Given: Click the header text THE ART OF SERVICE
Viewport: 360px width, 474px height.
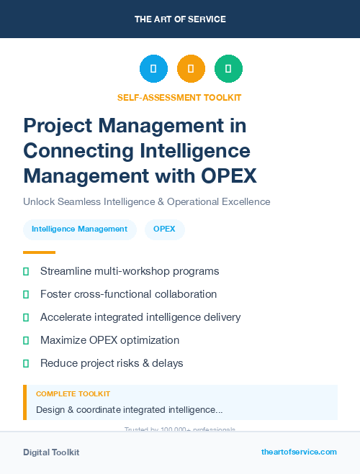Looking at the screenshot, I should [180, 19].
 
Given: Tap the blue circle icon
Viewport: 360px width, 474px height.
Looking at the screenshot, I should [153, 69].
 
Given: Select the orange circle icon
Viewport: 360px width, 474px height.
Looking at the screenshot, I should [191, 69].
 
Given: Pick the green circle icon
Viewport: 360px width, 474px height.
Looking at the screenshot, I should [228, 69].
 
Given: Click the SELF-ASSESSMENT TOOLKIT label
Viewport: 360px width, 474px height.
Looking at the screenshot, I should [179, 98].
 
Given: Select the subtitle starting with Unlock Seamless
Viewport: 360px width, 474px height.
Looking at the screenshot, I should [146, 202].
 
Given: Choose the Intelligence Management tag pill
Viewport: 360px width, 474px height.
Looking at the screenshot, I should [79, 229].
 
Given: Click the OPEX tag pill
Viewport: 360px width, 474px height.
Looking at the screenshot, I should [165, 229].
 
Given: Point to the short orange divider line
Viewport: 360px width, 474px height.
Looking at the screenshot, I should [39, 252].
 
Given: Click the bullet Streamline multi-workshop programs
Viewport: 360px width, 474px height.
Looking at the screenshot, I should [130, 271].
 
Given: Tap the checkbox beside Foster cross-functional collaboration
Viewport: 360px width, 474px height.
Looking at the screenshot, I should [26, 294].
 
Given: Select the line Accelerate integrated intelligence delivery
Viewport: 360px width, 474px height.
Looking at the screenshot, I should [140, 317].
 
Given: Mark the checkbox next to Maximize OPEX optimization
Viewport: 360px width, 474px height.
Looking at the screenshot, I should [26, 340].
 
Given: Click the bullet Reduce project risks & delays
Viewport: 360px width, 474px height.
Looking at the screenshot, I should [112, 363].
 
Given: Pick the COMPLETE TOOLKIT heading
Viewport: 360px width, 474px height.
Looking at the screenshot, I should [73, 394].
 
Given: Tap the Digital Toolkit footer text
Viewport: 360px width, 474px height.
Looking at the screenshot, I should [51, 452].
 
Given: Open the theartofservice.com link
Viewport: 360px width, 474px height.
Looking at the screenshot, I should [299, 452].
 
